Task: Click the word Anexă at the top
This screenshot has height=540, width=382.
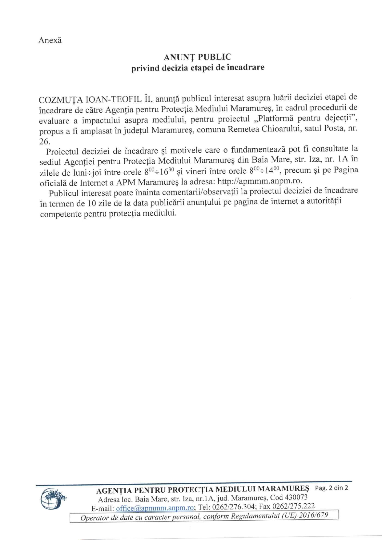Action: pyautogui.click(x=50, y=40)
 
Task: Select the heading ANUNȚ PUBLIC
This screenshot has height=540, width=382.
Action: pyautogui.click(x=197, y=57)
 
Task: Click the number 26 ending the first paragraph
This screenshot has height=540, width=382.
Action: pyautogui.click(x=44, y=142)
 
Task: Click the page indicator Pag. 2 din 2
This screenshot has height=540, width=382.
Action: pyautogui.click(x=331, y=488)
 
